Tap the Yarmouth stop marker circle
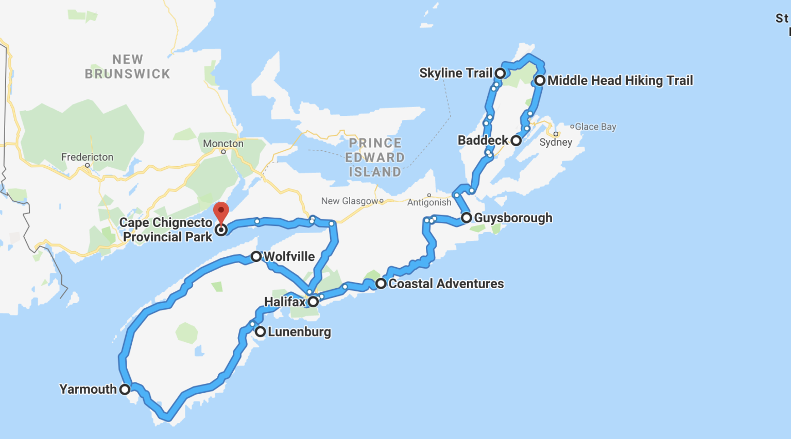125,389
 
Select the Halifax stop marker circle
313,302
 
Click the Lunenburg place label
299,332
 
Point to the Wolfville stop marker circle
256,256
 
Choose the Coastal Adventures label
446,284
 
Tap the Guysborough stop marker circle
466,218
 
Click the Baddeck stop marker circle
516,141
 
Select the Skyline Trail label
455,73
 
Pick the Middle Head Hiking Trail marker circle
540,80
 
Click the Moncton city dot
223,152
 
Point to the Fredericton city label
87,157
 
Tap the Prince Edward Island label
375,157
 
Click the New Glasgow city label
350,201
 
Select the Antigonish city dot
429,196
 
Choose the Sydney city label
556,143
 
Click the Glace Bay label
595,127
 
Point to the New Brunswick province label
127,67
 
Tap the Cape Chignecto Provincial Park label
166,230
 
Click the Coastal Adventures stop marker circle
381,284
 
